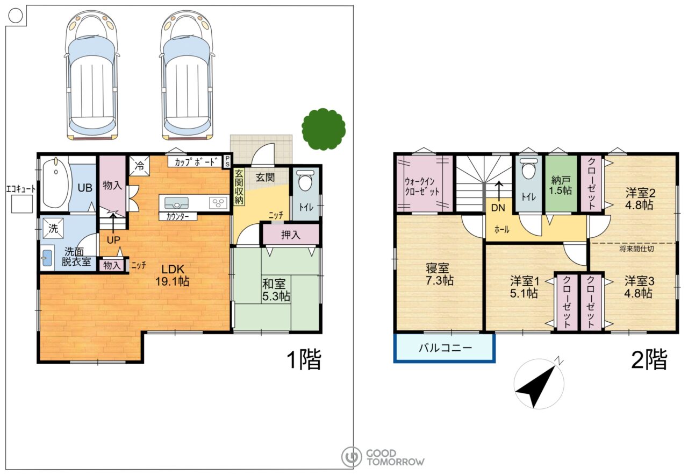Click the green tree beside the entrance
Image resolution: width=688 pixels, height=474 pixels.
324,129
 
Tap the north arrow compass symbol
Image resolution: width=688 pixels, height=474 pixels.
539,384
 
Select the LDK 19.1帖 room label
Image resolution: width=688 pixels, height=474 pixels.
173,275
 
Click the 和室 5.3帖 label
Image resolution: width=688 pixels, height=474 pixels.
276,289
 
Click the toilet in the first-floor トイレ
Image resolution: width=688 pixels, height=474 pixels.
306,181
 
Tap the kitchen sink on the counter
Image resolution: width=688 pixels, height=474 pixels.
177,203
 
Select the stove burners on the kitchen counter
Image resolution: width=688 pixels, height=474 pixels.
218,203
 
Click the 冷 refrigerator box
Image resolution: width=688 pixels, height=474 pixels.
139,166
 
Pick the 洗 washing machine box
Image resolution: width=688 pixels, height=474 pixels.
53,228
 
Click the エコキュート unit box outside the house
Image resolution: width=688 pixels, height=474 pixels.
22,204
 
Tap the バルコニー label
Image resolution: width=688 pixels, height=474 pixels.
446,348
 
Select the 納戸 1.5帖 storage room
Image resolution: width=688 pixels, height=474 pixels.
561,184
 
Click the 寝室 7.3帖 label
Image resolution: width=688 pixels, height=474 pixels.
439,274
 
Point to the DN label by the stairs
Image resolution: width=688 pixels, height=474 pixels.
498,208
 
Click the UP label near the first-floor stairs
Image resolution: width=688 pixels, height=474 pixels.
113,240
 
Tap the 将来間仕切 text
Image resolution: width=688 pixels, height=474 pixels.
636,249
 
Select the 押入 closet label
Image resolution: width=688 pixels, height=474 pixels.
290,235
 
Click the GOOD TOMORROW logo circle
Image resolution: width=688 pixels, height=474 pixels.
352,457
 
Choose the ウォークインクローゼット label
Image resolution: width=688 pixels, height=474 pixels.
422,187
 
